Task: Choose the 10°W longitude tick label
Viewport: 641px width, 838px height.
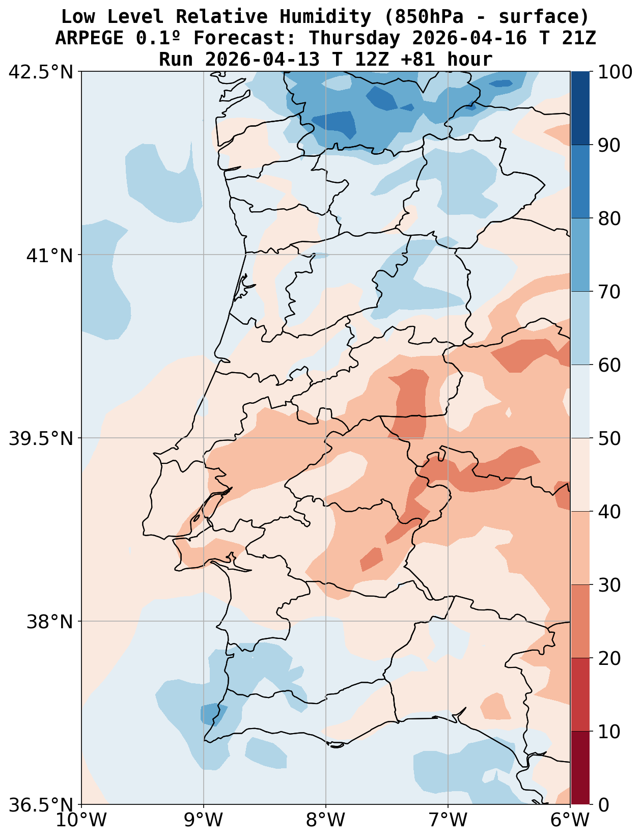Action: (x=81, y=820)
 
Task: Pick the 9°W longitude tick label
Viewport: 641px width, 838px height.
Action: (x=204, y=820)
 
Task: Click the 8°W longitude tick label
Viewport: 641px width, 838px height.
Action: (x=326, y=820)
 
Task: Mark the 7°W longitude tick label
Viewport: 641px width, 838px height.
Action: (x=448, y=820)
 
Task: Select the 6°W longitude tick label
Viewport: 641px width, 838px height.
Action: (x=570, y=820)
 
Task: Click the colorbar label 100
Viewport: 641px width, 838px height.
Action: (x=615, y=72)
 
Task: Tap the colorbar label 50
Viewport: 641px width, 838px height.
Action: (x=609, y=438)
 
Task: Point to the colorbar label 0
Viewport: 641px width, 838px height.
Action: (x=603, y=805)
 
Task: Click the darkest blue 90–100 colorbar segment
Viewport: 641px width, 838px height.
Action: (x=580, y=108)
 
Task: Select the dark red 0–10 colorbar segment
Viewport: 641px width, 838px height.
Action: (x=580, y=768)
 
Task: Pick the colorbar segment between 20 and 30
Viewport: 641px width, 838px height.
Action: (x=580, y=621)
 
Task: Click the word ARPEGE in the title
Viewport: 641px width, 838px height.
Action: (x=89, y=38)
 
